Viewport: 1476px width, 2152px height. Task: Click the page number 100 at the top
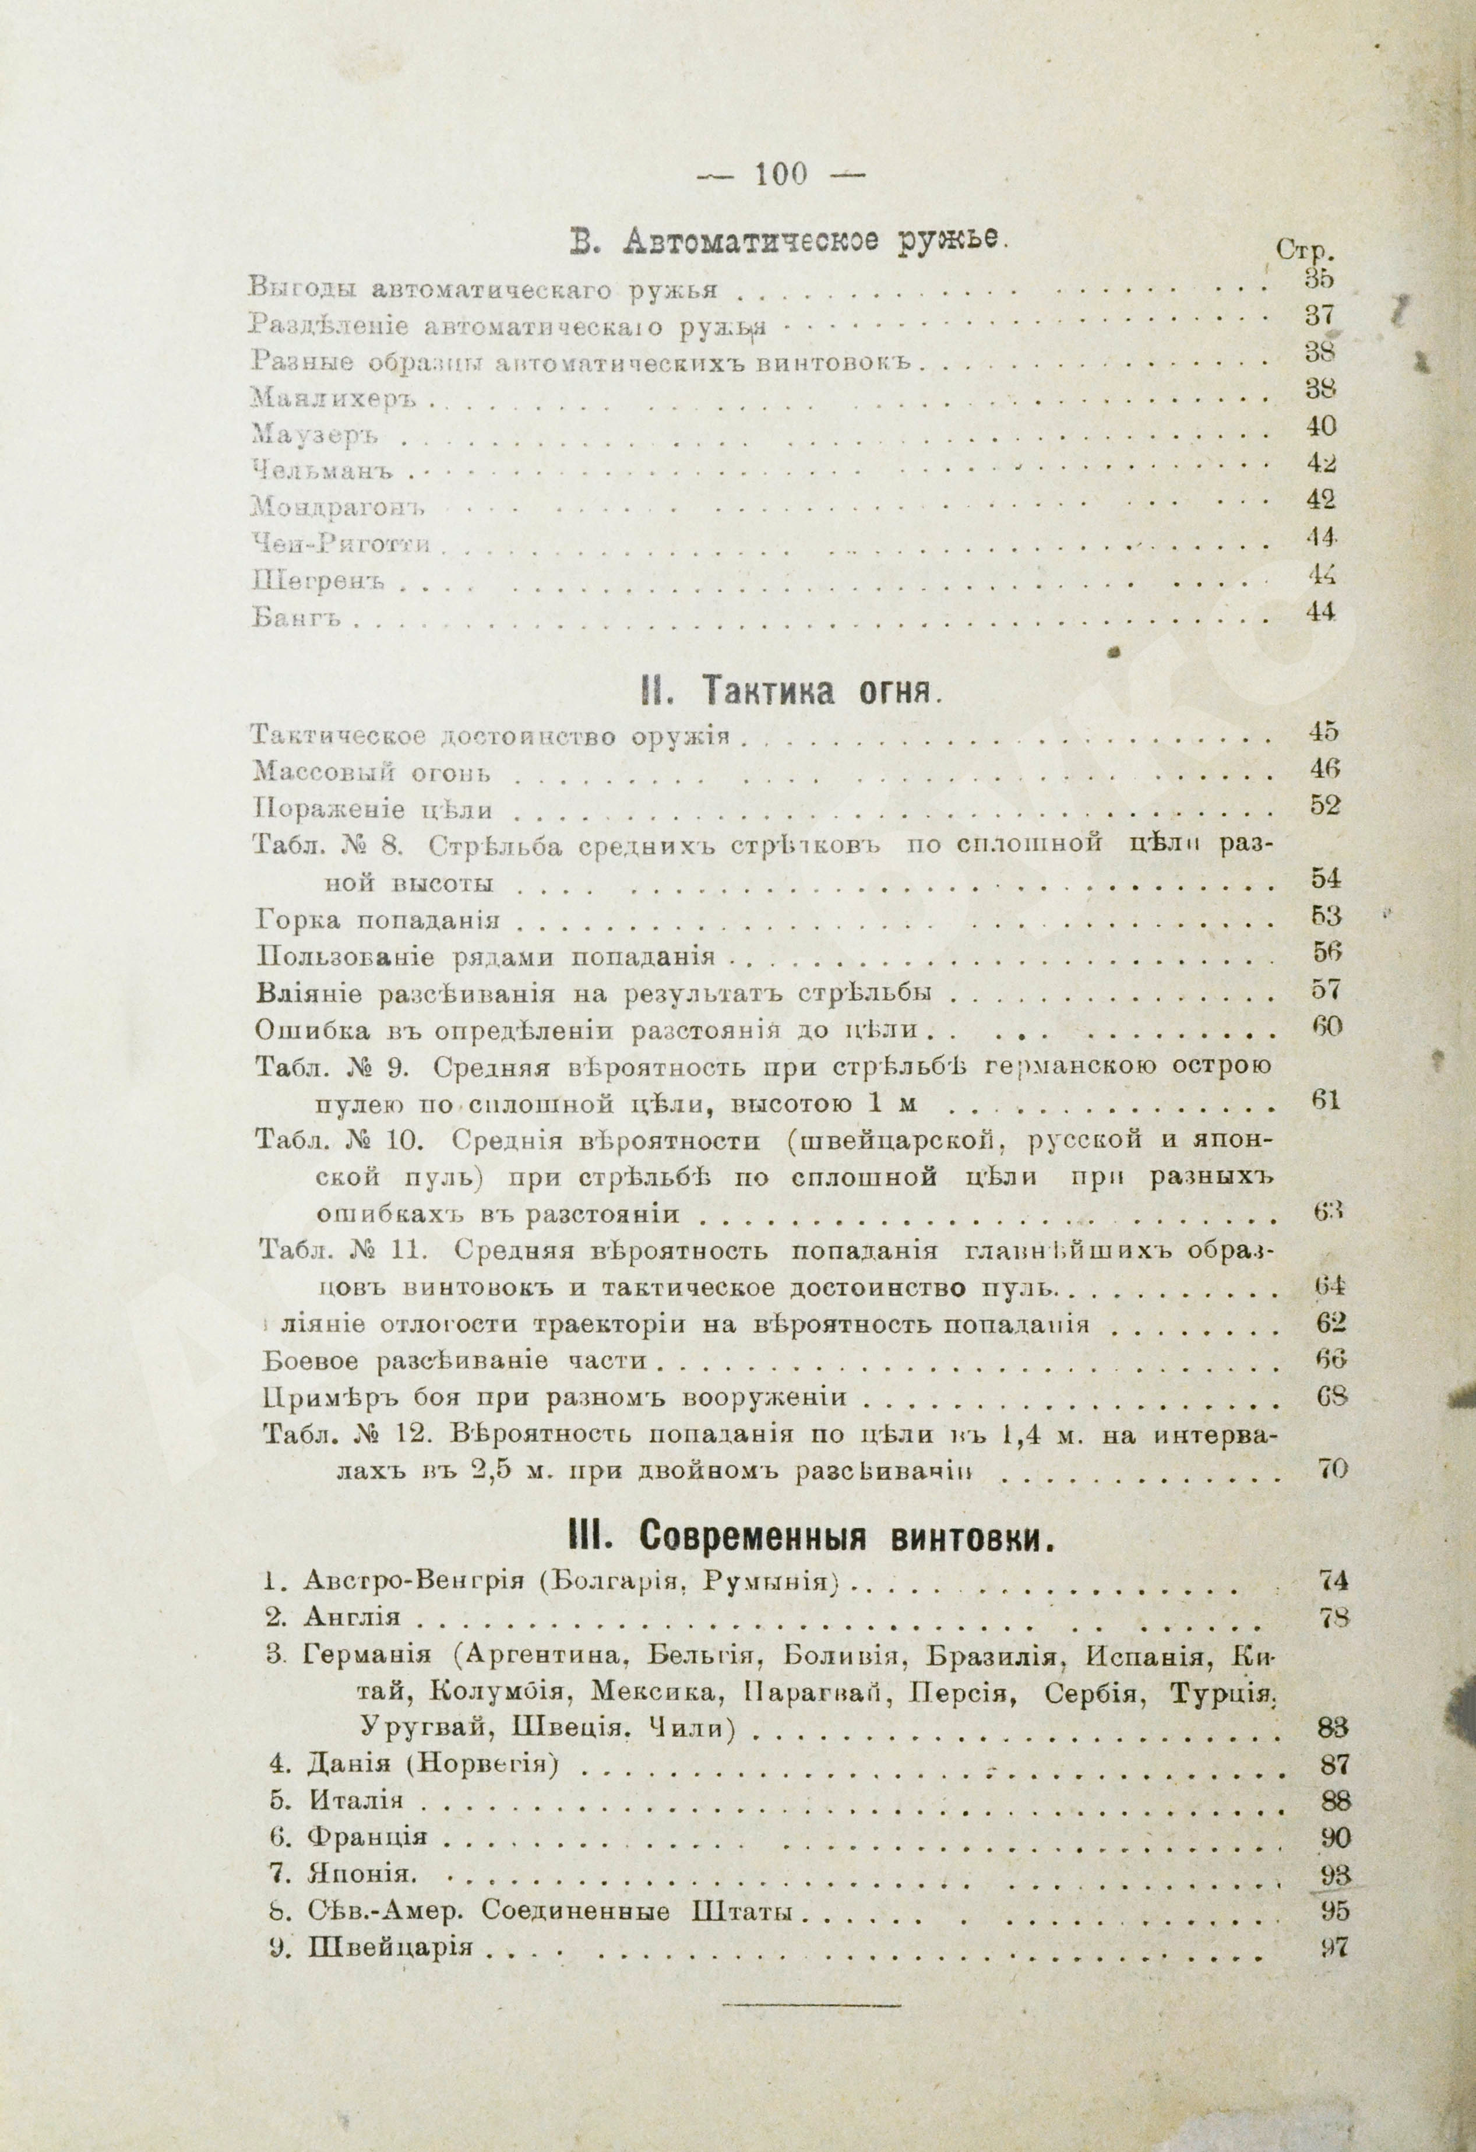coord(781,174)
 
